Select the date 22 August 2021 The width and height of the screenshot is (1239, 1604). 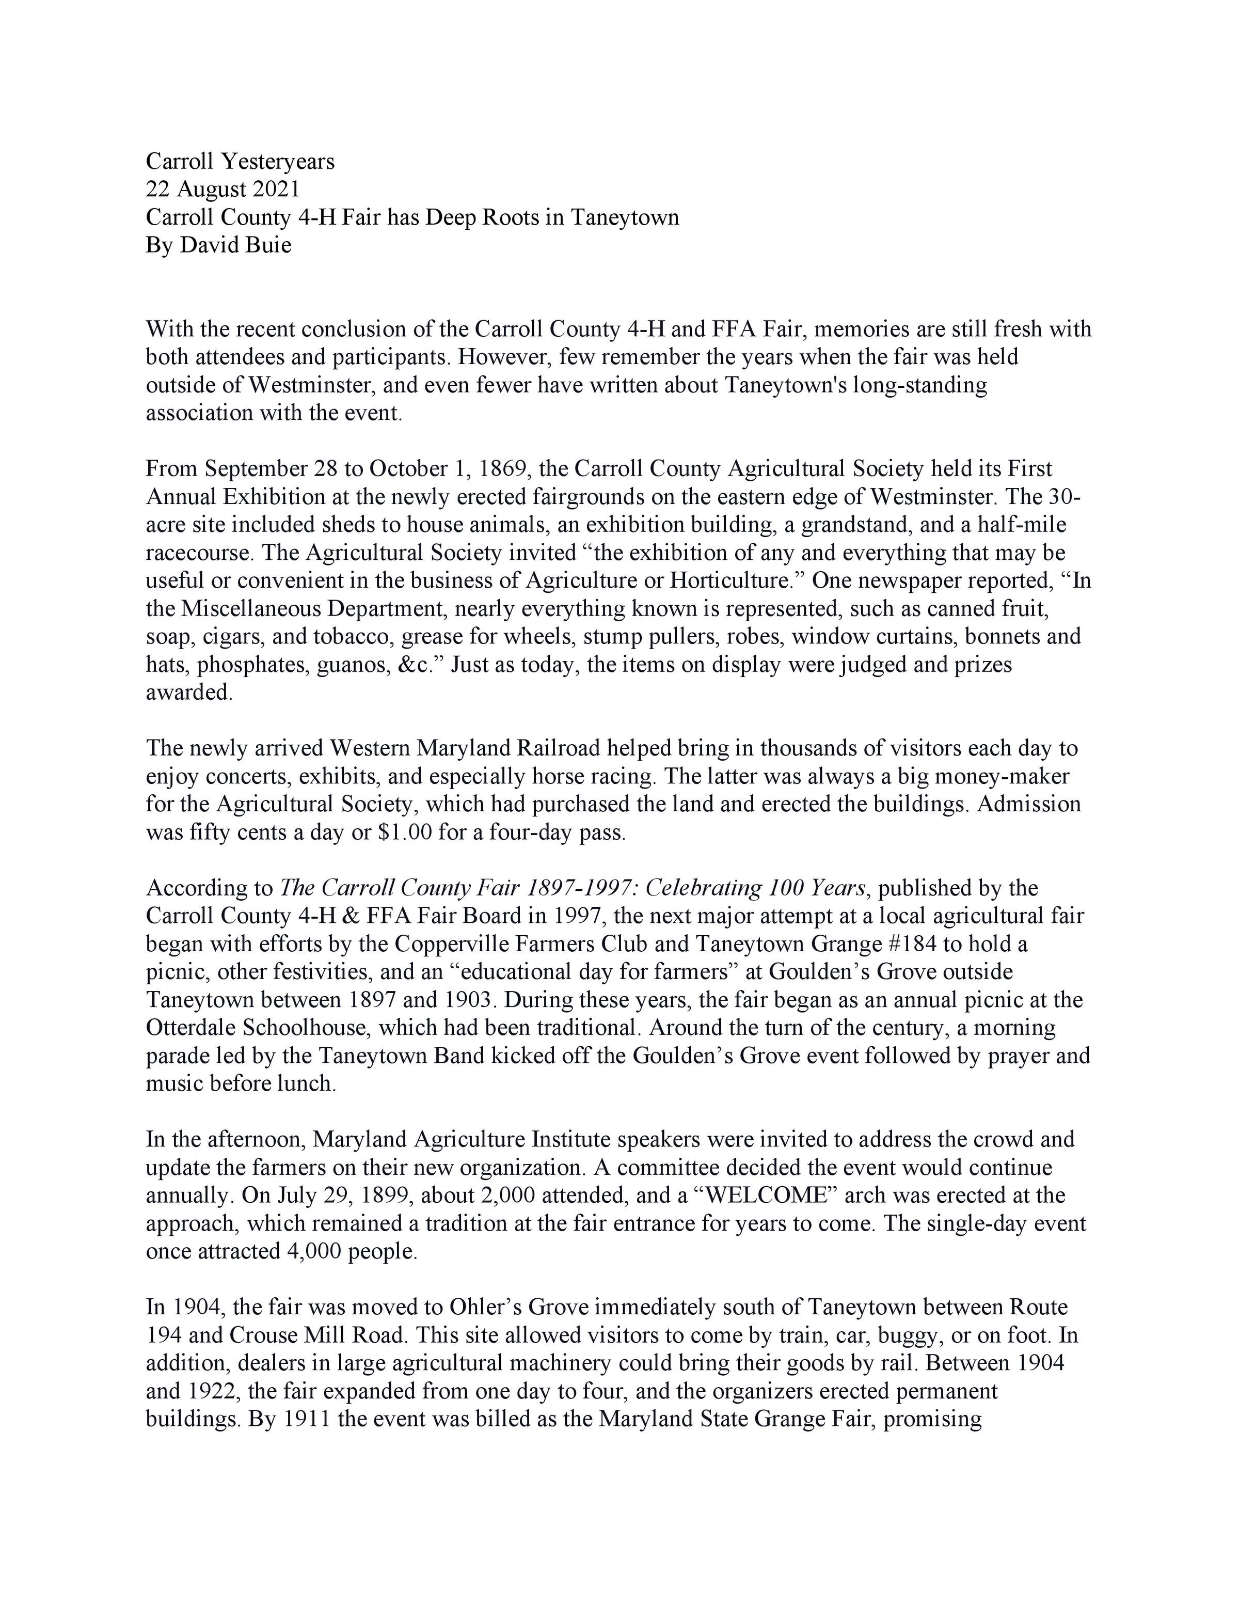coord(223,190)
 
